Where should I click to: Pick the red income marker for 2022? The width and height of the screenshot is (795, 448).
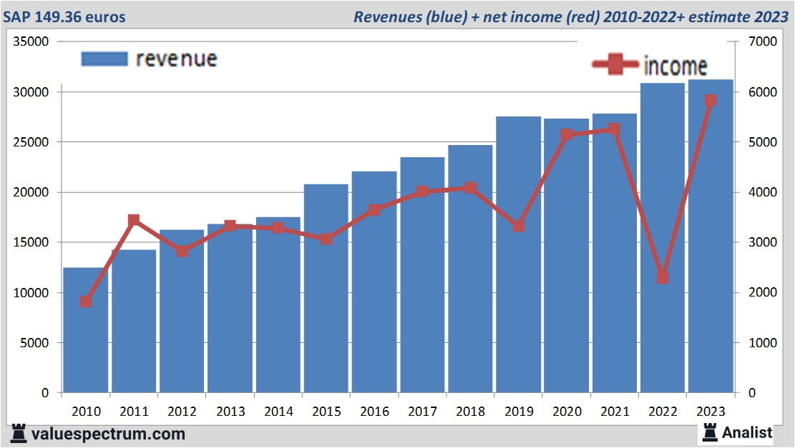point(663,277)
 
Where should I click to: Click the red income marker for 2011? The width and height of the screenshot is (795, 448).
point(134,220)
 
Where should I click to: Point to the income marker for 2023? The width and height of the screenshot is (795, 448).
point(711,101)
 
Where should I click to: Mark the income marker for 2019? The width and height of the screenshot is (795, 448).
point(519,226)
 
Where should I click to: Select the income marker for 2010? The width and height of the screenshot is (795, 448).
point(86,302)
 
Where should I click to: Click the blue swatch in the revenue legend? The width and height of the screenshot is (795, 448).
point(104,59)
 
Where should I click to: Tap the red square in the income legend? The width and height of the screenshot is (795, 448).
point(615,65)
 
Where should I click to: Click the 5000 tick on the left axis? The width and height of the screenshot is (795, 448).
point(34,343)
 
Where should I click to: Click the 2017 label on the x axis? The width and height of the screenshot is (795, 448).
point(422,412)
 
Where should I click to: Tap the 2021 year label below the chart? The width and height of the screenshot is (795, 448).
point(615,412)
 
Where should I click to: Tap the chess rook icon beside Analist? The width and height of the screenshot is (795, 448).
point(709,432)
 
